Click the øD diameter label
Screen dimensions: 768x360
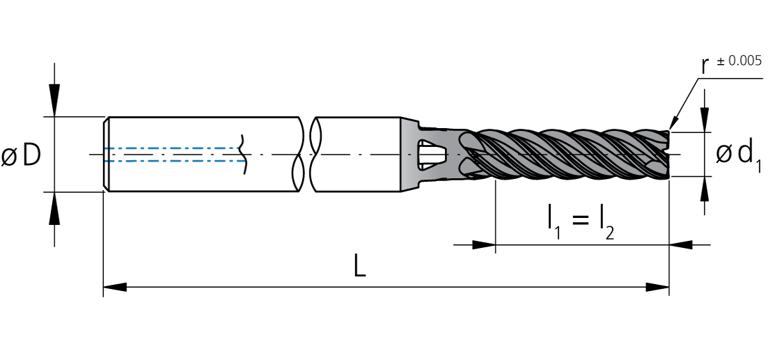pyautogui.click(x=21, y=155)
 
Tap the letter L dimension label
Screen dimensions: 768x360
pyautogui.click(x=360, y=267)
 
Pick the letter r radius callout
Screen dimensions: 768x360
pyautogui.click(x=706, y=66)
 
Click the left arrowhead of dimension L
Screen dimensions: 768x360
pyautogui.click(x=115, y=287)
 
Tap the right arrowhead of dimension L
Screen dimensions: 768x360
pyautogui.click(x=657, y=287)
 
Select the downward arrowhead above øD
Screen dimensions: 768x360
pyautogui.click(x=54, y=101)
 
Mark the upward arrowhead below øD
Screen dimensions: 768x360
pyautogui.click(x=54, y=208)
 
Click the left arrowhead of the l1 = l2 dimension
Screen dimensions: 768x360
pyautogui.click(x=484, y=244)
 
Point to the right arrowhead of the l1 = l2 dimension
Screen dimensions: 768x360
pyautogui.click(x=681, y=244)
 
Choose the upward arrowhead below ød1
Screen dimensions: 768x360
pyautogui.click(x=705, y=188)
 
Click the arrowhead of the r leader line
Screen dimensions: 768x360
pyautogui.click(x=673, y=123)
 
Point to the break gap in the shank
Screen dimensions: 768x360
pyautogui.click(x=306, y=155)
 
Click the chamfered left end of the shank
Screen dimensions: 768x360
pyautogui.click(x=107, y=155)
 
